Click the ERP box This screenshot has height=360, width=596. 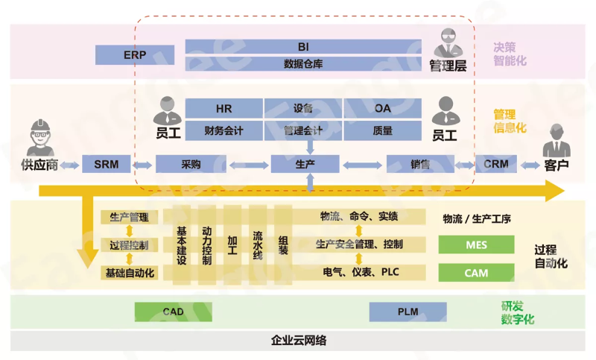(136, 54)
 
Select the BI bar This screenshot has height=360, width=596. (303, 46)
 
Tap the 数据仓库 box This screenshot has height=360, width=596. (303, 64)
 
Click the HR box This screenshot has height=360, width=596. (223, 109)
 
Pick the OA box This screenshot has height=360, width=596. (382, 109)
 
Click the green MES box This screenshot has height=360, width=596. (476, 244)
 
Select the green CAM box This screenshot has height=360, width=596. (476, 273)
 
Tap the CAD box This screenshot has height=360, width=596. (173, 312)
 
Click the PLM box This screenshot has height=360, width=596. (408, 312)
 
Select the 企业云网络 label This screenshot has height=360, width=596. (298, 341)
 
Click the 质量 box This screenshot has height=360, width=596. (382, 130)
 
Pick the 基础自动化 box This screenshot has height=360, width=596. (130, 273)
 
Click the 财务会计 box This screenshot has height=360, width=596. (223, 130)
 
